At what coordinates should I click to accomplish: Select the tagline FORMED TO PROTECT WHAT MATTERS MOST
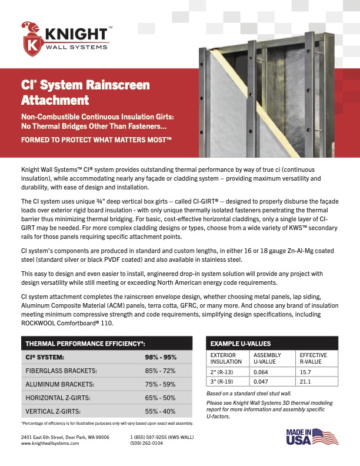tap(96, 141)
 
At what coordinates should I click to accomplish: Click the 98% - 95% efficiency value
tap(161, 357)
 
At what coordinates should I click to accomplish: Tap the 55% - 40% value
tap(161, 411)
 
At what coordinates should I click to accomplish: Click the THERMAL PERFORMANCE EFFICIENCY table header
tap(84, 343)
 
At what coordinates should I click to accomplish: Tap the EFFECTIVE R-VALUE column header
tap(314, 359)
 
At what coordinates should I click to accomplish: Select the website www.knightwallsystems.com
tap(50, 443)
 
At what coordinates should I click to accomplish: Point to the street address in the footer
tap(65, 437)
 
